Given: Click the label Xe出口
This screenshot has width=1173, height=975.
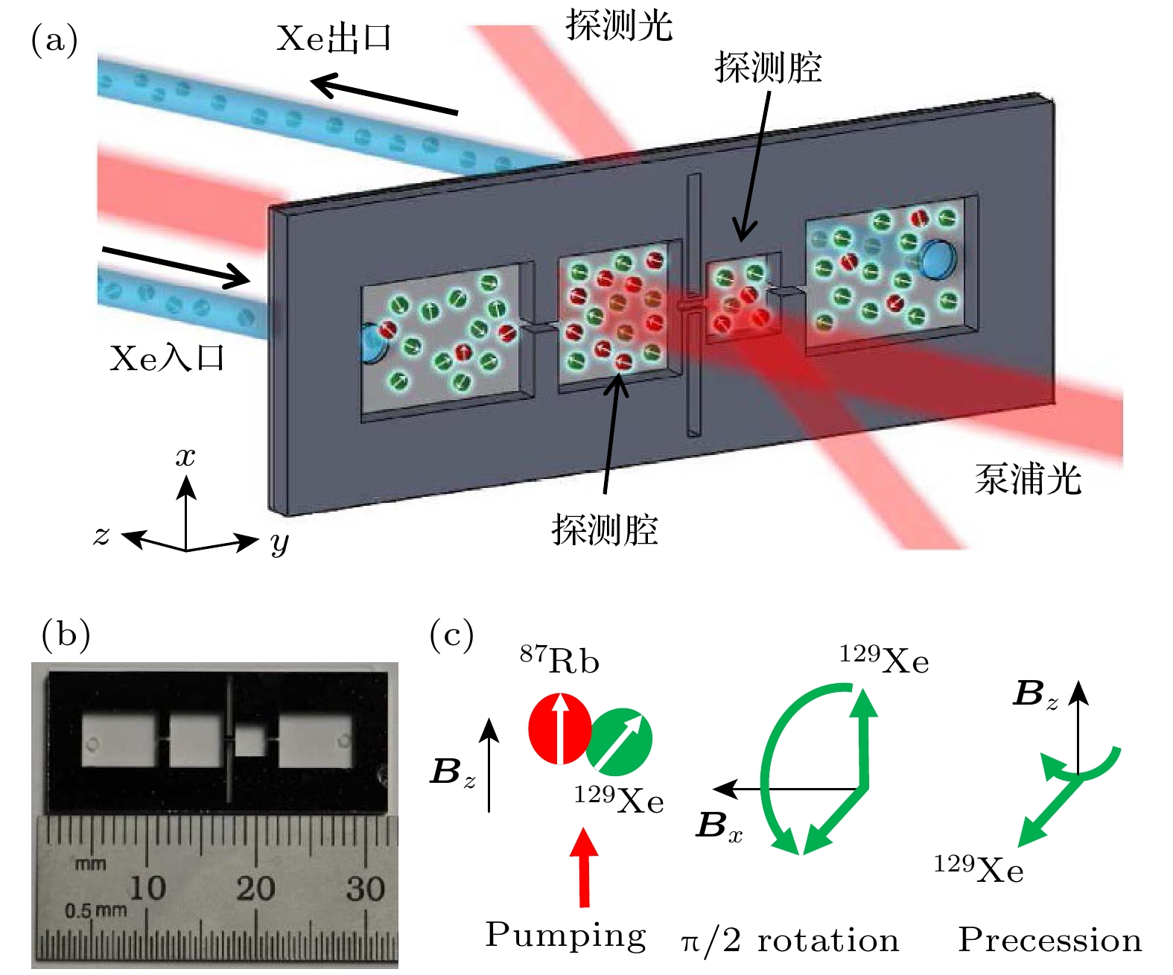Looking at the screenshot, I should point(333,38).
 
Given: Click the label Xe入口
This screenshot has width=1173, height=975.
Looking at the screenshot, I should point(166,358).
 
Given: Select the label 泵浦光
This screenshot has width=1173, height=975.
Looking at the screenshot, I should point(1028,479).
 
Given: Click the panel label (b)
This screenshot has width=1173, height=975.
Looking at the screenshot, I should point(66,635).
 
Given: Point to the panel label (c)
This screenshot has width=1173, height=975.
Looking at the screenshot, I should point(451,635).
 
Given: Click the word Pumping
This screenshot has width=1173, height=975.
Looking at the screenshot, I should point(565,936).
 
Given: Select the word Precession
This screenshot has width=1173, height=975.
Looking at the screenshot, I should point(1049,940).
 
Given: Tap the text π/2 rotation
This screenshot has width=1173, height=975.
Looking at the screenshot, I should point(789,941).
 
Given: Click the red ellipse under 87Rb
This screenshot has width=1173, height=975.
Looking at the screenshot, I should point(559,728).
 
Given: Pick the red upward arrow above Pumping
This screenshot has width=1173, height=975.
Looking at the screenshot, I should point(585,867).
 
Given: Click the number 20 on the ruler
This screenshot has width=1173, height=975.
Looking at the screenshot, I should point(255,889).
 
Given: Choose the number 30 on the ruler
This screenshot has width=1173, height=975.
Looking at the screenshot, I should point(365,889).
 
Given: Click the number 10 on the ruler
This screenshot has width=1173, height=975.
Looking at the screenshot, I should point(147,888).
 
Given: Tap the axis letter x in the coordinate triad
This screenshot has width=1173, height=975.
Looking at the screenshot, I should point(185,456).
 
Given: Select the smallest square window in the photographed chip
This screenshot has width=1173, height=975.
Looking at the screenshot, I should point(250,741).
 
